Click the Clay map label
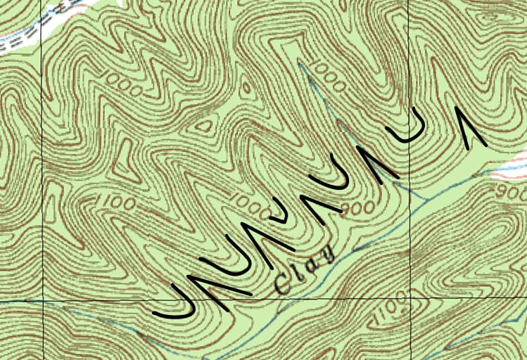[305, 270]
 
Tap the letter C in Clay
[284, 283]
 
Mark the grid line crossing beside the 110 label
[409, 297]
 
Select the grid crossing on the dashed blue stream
[43, 302]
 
